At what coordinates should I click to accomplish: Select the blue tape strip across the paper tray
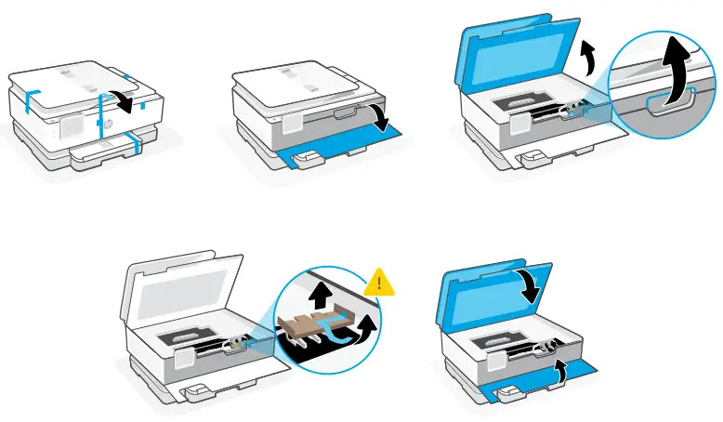pyautogui.click(x=137, y=141)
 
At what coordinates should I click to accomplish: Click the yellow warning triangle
pyautogui.click(x=378, y=280)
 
